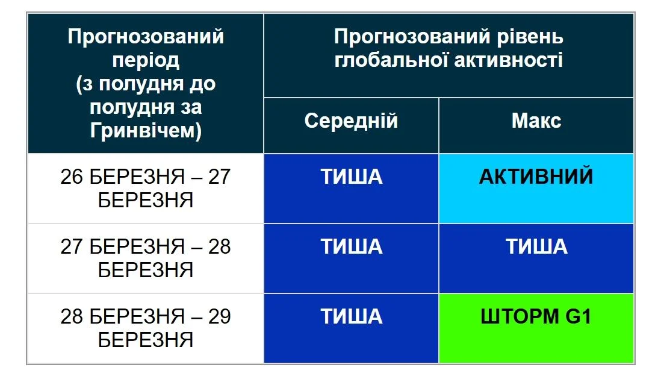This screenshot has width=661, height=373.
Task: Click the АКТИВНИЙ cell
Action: click(536, 177)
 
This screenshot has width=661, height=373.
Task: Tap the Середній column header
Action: click(351, 121)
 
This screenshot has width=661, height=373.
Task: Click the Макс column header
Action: click(536, 121)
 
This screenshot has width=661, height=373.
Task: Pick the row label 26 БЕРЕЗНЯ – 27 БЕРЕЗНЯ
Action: click(146, 188)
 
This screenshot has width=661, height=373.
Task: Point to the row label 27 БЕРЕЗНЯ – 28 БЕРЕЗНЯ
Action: click(146, 258)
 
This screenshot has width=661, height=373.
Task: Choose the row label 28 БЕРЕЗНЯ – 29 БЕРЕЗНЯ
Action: click(146, 328)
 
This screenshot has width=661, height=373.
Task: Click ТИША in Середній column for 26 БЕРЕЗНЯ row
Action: click(351, 177)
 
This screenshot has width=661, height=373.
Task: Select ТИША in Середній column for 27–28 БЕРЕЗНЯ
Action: click(351, 246)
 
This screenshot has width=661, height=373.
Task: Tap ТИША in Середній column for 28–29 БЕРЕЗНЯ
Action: click(351, 317)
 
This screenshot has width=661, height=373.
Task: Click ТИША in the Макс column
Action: click(536, 246)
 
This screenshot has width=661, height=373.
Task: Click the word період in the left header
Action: click(146, 60)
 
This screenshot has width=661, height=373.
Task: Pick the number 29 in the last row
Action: click(219, 317)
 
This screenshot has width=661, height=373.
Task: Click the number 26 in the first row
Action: click(72, 177)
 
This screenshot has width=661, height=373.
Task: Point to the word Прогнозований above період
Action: click(146, 37)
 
